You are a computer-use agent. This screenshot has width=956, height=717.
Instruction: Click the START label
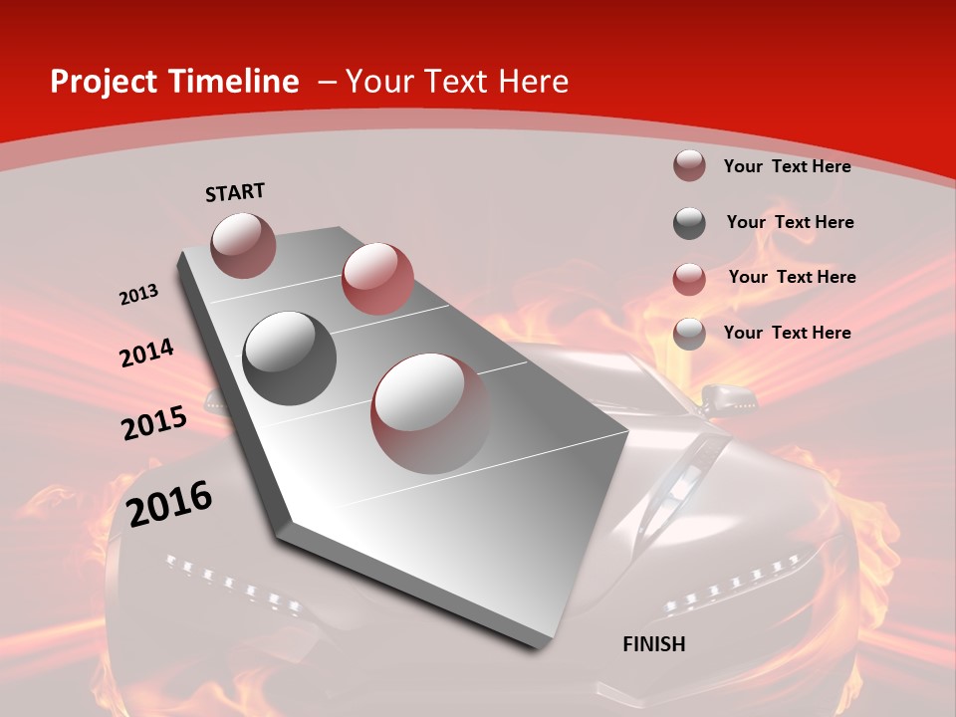pyautogui.click(x=235, y=192)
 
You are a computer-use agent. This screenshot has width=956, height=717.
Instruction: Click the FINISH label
pyautogui.click(x=653, y=644)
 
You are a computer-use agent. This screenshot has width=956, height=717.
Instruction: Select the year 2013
pyautogui.click(x=138, y=295)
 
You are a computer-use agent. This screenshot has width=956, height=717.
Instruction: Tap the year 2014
pyautogui.click(x=146, y=354)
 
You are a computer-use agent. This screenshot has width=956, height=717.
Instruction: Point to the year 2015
pyautogui.click(x=153, y=423)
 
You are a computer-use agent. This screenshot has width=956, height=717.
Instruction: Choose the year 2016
pyautogui.click(x=169, y=504)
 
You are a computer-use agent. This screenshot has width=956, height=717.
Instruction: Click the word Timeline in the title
pyautogui.click(x=235, y=82)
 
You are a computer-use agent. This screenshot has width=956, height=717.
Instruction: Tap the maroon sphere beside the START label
pyautogui.click(x=243, y=245)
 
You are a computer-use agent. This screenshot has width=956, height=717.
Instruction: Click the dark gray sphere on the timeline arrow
pyautogui.click(x=289, y=358)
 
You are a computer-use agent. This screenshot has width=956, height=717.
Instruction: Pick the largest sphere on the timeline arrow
pyautogui.click(x=430, y=413)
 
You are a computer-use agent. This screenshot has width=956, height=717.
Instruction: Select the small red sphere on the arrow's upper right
pyautogui.click(x=377, y=278)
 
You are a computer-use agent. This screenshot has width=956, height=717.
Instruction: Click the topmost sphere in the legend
pyautogui.click(x=689, y=166)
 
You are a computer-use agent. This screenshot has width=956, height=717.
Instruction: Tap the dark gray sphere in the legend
pyautogui.click(x=689, y=223)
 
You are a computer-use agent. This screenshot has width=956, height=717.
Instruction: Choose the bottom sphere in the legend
pyautogui.click(x=689, y=334)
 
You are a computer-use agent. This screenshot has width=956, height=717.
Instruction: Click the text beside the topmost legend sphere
pyautogui.click(x=787, y=166)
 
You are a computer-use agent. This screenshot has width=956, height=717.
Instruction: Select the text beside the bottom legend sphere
pyautogui.click(x=787, y=333)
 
